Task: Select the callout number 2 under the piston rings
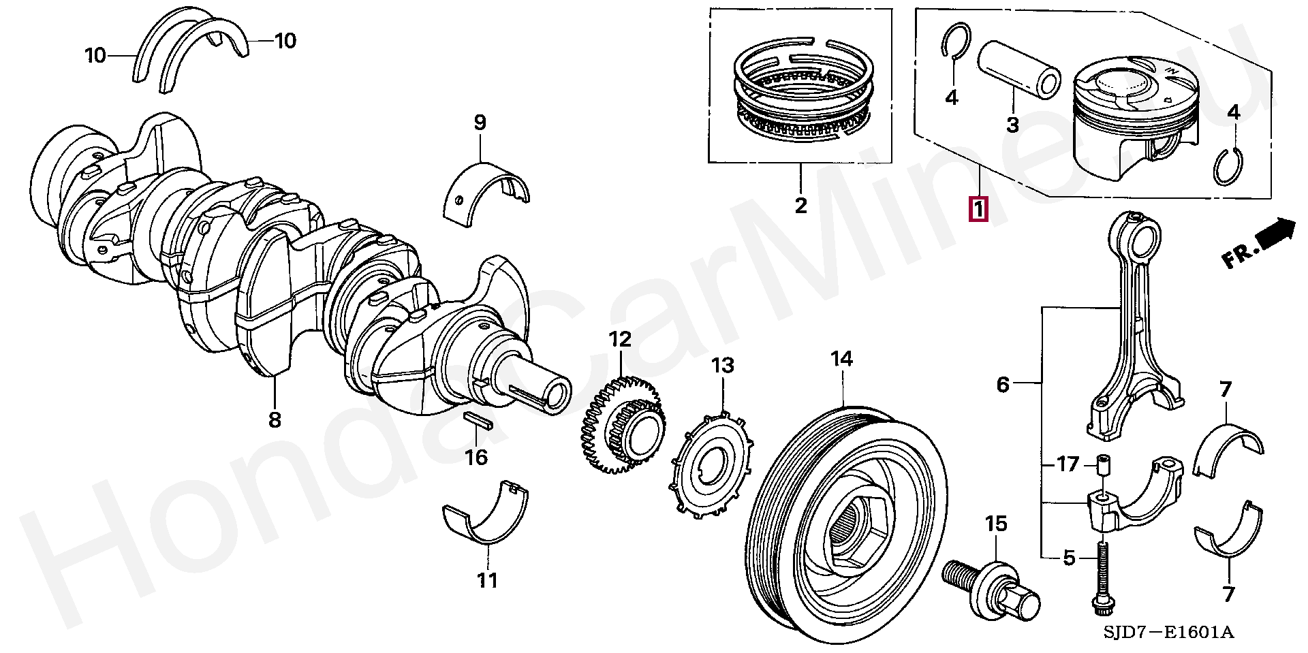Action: (800, 205)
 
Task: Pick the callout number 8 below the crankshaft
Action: (274, 420)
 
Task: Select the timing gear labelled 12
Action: (623, 425)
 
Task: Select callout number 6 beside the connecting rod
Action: (1002, 385)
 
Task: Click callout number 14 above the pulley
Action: (842, 359)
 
